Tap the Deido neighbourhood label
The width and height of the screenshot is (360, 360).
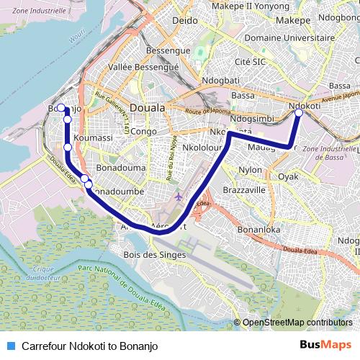tap(185, 21)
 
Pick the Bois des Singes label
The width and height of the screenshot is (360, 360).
tap(155, 254)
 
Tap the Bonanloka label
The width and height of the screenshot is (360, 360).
tap(260, 230)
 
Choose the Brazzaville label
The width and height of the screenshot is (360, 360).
tap(244, 189)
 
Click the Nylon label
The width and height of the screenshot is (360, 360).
tap(251, 170)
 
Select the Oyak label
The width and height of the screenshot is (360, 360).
tap(288, 176)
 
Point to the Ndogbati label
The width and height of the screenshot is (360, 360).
tap(221, 79)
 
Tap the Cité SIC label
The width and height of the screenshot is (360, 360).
tap(251, 62)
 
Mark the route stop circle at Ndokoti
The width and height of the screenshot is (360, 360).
tap(299, 112)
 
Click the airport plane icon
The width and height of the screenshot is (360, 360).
tap(179, 196)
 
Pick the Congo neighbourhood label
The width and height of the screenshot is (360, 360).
tap(143, 132)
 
